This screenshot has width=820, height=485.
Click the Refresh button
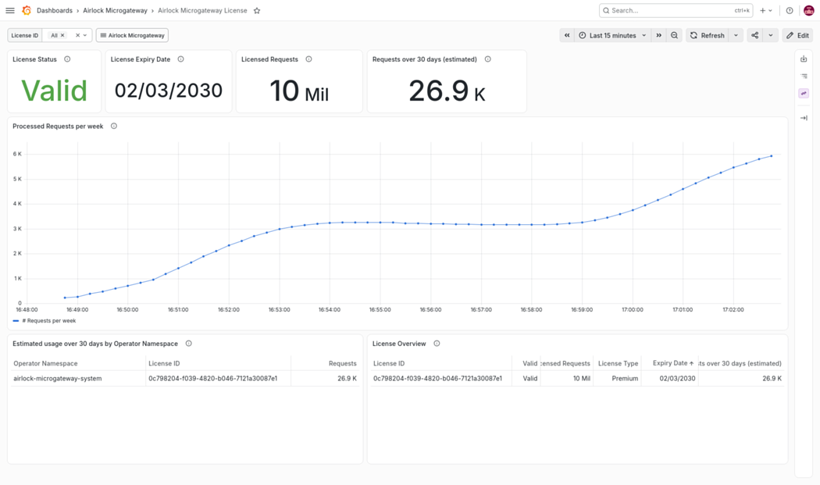coord(707,36)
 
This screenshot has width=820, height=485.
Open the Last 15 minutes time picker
coord(611,36)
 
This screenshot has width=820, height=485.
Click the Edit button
coord(797,36)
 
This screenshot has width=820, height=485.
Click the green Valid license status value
coord(54,91)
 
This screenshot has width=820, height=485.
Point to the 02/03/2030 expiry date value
coord(169,91)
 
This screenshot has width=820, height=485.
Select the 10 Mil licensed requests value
coord(299,91)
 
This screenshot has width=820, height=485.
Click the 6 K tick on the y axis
coord(17,154)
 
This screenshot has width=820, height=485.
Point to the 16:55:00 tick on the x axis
coord(380,310)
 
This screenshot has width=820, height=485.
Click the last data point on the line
coord(772,156)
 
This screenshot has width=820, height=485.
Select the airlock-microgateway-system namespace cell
coord(58,378)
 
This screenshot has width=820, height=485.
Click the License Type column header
coord(619,364)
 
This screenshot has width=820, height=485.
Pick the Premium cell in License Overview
coord(625,378)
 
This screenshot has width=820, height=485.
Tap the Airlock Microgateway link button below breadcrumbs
coord(132,36)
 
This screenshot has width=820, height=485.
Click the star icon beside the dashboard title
coord(257,10)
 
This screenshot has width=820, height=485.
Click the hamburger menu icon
coord(10,10)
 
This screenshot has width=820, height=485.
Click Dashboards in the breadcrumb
coord(55,10)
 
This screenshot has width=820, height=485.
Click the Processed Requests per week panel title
coord(58,126)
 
